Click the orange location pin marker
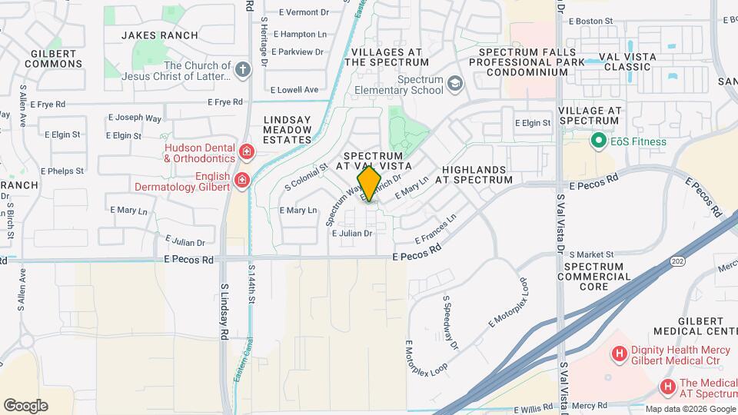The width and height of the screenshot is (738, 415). [370, 184]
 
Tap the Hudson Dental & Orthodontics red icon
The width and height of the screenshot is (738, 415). [246, 151]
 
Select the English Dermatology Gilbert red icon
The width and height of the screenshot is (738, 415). [241, 181]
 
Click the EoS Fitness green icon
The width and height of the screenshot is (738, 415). [597, 141]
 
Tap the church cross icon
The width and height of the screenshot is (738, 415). [243, 71]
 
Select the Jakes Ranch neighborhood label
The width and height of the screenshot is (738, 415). [160, 35]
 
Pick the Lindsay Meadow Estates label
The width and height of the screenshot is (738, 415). [288, 130]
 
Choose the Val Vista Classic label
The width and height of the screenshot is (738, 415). [627, 61]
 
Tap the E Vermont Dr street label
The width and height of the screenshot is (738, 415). [304, 12]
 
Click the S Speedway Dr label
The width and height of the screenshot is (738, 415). [449, 320]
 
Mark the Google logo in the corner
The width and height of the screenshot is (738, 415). [25, 406]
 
